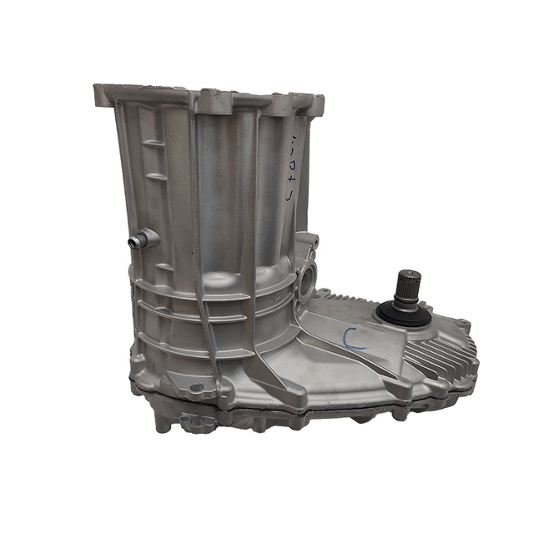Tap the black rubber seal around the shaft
401,311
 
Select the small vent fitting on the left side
137,241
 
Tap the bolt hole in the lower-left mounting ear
197,387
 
